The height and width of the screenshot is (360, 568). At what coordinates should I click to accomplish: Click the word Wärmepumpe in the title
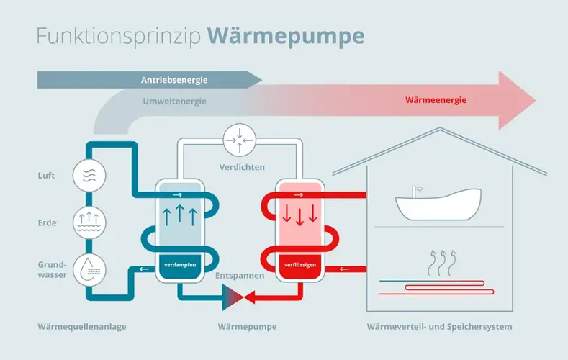pyautogui.click(x=286, y=37)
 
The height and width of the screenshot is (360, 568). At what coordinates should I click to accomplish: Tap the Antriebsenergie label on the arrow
pyautogui.click(x=174, y=80)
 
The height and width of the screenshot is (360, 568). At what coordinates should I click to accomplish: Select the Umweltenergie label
pyautogui.click(x=175, y=102)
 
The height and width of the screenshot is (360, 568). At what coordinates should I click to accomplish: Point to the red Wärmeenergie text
pyautogui.click(x=436, y=100)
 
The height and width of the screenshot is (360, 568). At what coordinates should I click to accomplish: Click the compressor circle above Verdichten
pyautogui.click(x=240, y=140)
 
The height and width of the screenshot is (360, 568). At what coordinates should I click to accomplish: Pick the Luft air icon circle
pyautogui.click(x=89, y=176)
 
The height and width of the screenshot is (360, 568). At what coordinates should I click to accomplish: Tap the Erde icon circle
pyautogui.click(x=89, y=222)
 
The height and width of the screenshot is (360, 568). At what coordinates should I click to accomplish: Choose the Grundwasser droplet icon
pyautogui.click(x=89, y=270)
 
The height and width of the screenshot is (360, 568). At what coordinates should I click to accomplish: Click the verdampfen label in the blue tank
pyautogui.click(x=180, y=265)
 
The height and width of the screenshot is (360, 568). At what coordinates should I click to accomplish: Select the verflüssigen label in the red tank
pyautogui.click(x=300, y=265)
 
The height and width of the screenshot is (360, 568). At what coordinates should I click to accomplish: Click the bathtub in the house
pyautogui.click(x=438, y=204)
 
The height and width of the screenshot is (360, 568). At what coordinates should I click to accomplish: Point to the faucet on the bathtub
pyautogui.click(x=417, y=192)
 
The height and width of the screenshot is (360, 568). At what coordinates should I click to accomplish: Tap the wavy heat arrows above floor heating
pyautogui.click(x=442, y=263)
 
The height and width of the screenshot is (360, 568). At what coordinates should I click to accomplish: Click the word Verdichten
pyautogui.click(x=242, y=167)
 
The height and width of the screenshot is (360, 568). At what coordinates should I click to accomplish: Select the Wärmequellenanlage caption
pyautogui.click(x=82, y=327)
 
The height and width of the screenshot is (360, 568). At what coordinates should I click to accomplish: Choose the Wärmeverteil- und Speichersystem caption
pyautogui.click(x=439, y=327)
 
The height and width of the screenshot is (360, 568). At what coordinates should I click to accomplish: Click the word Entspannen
pyautogui.click(x=240, y=276)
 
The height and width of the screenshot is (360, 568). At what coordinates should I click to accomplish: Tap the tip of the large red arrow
pyautogui.click(x=536, y=100)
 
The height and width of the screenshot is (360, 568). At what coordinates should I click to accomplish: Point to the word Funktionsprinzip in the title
pyautogui.click(x=119, y=37)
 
